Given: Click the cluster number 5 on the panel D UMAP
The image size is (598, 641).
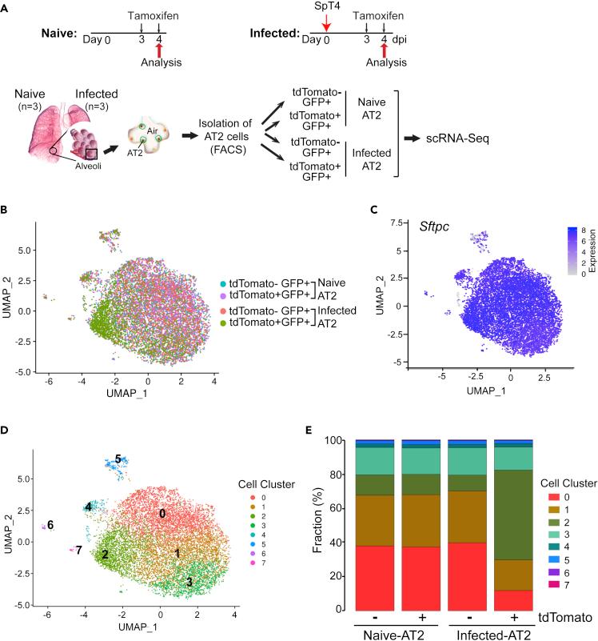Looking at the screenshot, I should tap(118, 459).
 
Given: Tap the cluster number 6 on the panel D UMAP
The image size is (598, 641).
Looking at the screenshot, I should tap(50, 525).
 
